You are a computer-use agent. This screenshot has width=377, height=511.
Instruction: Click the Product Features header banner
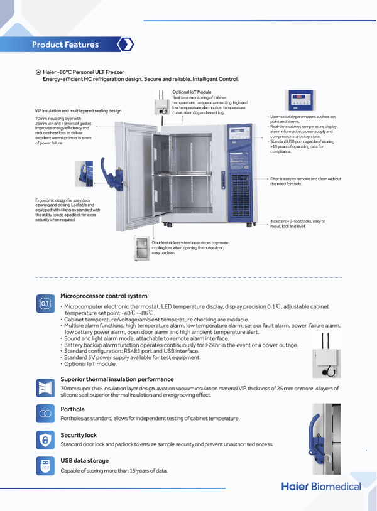coord(65,45)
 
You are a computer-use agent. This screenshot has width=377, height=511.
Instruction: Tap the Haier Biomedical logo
coord(321,487)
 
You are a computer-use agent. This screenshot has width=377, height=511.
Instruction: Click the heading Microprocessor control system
coord(104,296)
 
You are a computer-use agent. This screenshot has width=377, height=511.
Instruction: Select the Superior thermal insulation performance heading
coord(117,379)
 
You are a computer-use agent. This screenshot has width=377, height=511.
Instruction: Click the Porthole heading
coord(72,409)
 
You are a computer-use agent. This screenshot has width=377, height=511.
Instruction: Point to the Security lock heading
coord(79,434)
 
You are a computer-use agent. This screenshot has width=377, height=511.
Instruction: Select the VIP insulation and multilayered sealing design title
coord(78,111)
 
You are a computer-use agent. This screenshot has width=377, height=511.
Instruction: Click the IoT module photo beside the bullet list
coord(326,356)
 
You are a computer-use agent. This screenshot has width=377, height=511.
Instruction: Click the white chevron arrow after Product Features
coord(126,45)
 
